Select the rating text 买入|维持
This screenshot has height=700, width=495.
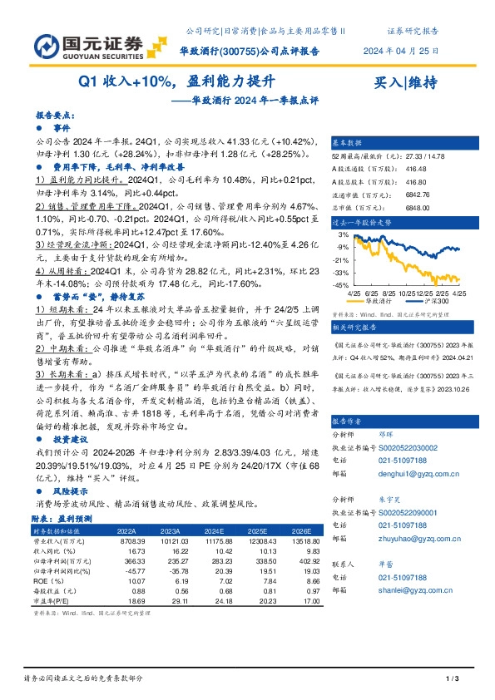[406, 82]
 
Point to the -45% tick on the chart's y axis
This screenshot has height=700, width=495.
[342, 286]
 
